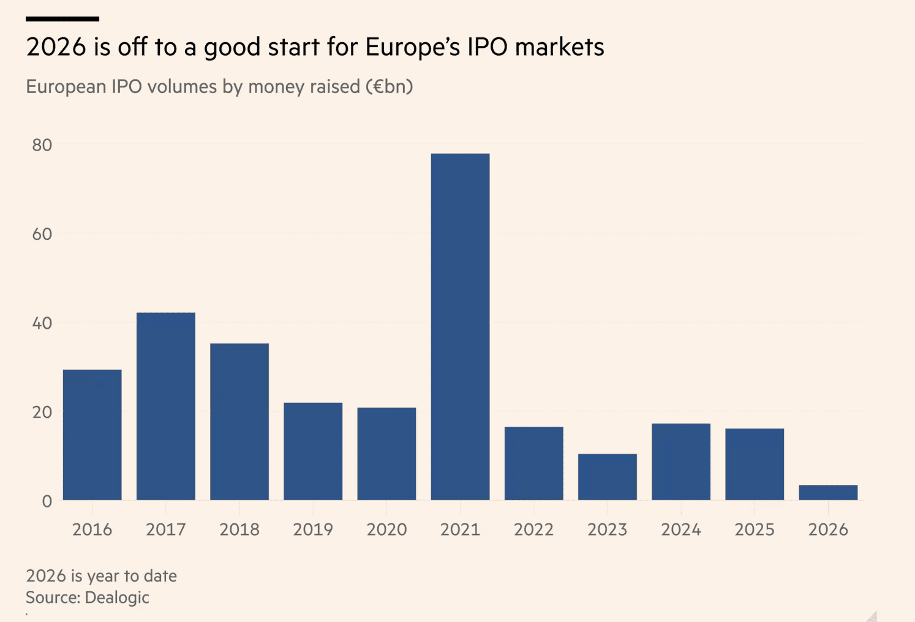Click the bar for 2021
point(460,327)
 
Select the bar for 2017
point(166,407)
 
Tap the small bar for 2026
point(828,493)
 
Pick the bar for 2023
point(607,477)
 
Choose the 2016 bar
point(92,435)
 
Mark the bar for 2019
point(313,451)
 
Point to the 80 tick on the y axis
point(42,145)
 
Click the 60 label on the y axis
point(42,234)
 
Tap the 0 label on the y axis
point(47,501)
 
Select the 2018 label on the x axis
point(239,530)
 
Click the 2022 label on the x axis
point(533,530)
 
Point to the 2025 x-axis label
point(755,530)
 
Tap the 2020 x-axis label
point(386,530)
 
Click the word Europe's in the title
point(412,47)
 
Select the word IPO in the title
point(488,47)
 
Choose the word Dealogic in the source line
point(117,598)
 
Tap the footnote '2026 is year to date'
point(101,576)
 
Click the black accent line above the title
point(62,19)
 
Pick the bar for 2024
point(681,462)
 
